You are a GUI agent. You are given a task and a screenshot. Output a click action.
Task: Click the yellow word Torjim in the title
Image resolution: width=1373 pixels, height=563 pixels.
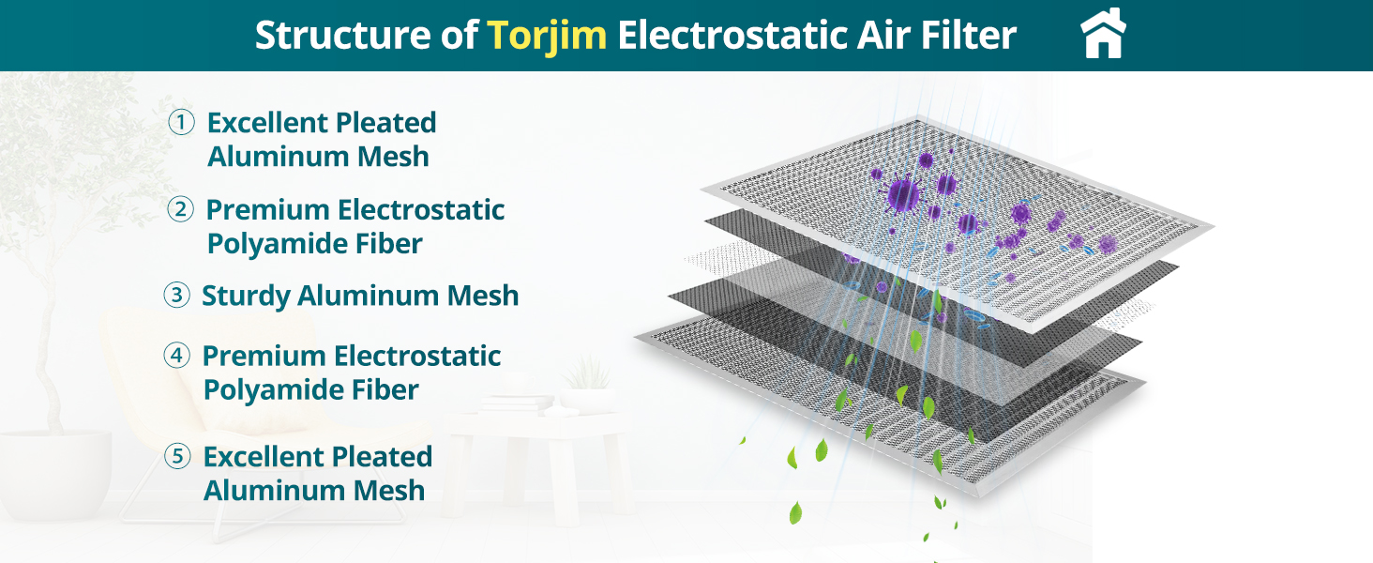pyautogui.click(x=547, y=36)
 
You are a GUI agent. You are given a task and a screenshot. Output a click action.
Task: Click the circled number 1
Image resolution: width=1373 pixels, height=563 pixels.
pyautogui.click(x=181, y=123)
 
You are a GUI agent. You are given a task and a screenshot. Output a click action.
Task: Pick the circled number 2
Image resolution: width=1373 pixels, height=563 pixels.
pyautogui.click(x=181, y=209)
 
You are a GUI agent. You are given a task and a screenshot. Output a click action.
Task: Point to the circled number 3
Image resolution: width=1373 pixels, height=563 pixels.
pyautogui.click(x=176, y=296)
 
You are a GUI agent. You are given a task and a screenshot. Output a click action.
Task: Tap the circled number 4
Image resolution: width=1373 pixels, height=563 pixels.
pyautogui.click(x=176, y=356)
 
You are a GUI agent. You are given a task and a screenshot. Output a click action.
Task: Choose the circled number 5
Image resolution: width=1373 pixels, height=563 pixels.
pyautogui.click(x=177, y=457)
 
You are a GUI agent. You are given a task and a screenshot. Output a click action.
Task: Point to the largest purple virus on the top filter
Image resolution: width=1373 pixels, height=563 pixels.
pyautogui.click(x=901, y=194)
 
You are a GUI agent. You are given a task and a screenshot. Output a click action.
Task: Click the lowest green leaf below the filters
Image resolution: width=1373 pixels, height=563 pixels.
pyautogui.click(x=795, y=512)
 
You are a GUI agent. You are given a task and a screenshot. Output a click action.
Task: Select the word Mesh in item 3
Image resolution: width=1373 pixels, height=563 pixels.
pyautogui.click(x=482, y=296)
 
